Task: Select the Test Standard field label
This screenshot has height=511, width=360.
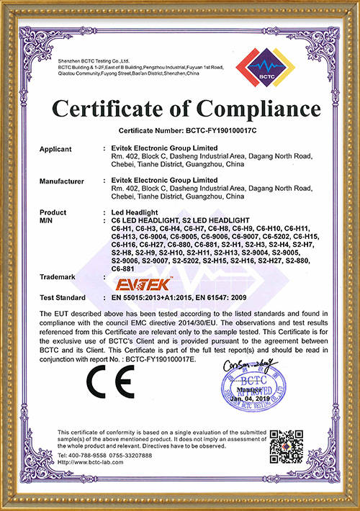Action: point(63,297)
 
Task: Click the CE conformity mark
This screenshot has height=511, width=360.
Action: point(103,376)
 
